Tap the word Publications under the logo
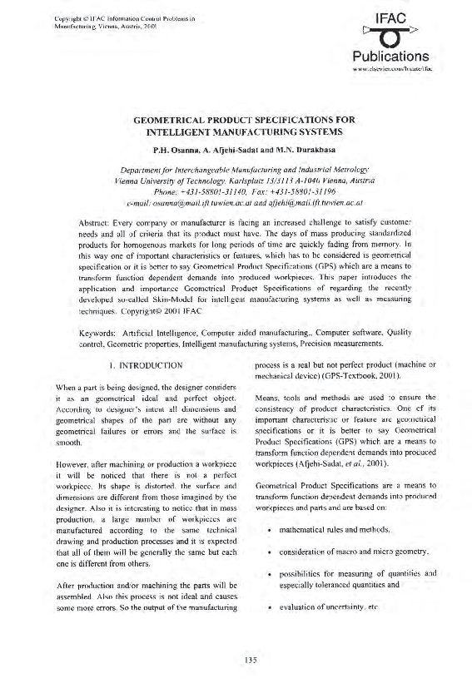pos(390,57)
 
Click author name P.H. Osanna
pos(176,150)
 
